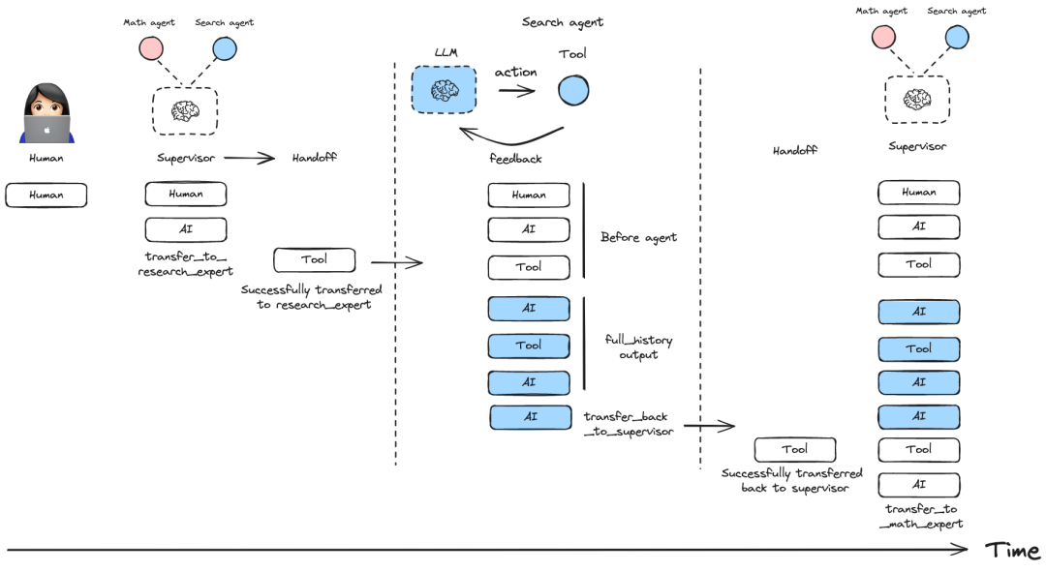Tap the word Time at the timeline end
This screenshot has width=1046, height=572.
pyautogui.click(x=1012, y=551)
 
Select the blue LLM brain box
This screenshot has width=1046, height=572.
pyautogui.click(x=444, y=91)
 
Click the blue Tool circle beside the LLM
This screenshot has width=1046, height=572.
pyautogui.click(x=572, y=90)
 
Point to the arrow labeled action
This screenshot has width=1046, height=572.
pyautogui.click(x=516, y=91)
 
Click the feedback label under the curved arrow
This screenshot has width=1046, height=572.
pyautogui.click(x=515, y=157)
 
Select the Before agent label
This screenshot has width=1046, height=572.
pyautogui.click(x=638, y=237)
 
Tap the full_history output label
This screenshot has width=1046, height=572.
pyautogui.click(x=637, y=347)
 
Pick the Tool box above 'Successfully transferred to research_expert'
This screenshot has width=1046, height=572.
pyautogui.click(x=314, y=259)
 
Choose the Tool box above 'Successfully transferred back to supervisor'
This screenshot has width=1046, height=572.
pyautogui.click(x=794, y=449)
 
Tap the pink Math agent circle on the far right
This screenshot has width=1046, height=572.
pyautogui.click(x=882, y=38)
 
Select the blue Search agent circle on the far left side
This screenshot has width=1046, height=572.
pyautogui.click(x=225, y=48)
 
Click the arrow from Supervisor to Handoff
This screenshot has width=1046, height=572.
pyautogui.click(x=249, y=158)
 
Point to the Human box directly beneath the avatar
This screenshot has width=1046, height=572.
pyautogui.click(x=46, y=195)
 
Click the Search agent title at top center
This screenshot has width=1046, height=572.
pyautogui.click(x=562, y=22)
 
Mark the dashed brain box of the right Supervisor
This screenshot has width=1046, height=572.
pyautogui.click(x=916, y=99)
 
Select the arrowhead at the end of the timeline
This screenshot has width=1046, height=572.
pyautogui.click(x=961, y=550)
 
